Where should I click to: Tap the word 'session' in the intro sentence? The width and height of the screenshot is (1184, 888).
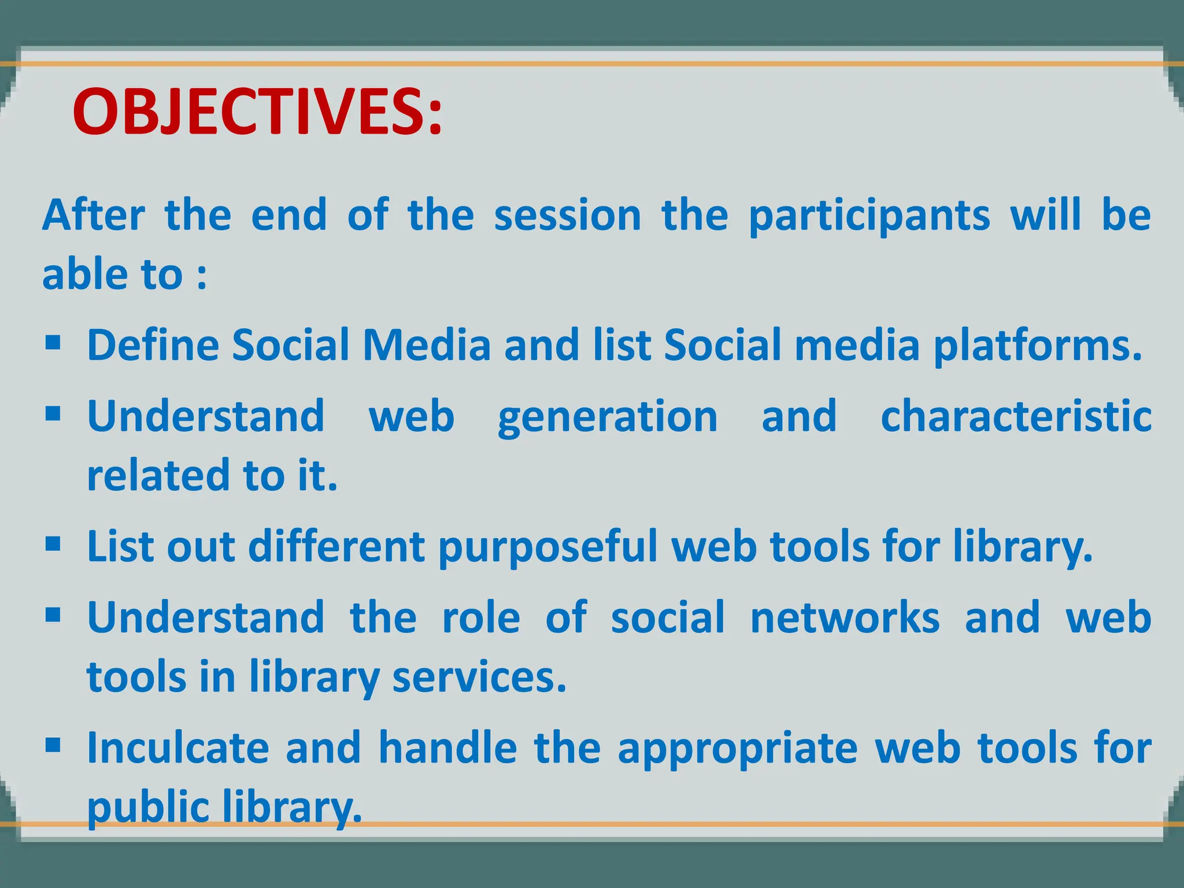click(x=567, y=215)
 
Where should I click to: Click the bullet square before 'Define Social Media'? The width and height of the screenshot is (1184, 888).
click(x=53, y=343)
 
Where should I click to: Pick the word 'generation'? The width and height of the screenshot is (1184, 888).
click(x=608, y=417)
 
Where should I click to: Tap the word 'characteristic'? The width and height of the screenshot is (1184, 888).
click(x=1016, y=416)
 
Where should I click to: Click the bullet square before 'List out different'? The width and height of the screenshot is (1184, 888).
click(x=53, y=544)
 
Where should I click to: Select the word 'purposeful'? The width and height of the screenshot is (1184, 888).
click(x=548, y=547)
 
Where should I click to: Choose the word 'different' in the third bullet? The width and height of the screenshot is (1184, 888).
click(x=336, y=546)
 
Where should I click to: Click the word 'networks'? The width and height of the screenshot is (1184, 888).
click(x=845, y=618)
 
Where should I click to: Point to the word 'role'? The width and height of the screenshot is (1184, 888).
click(x=481, y=618)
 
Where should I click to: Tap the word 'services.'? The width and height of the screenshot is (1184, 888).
click(x=479, y=677)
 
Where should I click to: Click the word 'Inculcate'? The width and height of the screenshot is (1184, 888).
click(x=178, y=748)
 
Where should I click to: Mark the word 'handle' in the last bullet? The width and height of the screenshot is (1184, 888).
click(x=447, y=748)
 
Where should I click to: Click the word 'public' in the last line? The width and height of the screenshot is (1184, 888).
click(x=147, y=808)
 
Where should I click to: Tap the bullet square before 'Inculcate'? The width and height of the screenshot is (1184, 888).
click(x=53, y=745)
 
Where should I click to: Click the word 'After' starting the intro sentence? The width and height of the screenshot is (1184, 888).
click(x=93, y=215)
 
